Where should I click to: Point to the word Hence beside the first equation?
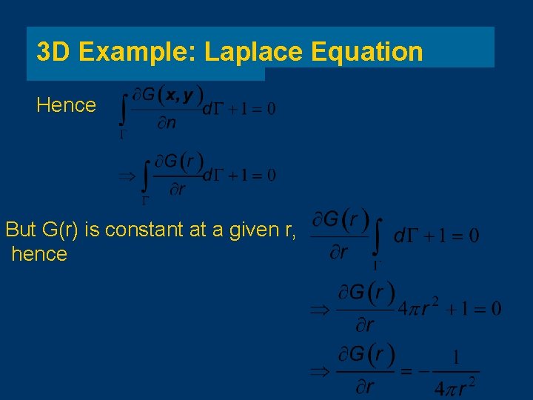pyautogui.click(x=66, y=105)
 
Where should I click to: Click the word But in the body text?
pyautogui.click(x=21, y=230)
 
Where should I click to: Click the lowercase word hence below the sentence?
pyautogui.click(x=39, y=254)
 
